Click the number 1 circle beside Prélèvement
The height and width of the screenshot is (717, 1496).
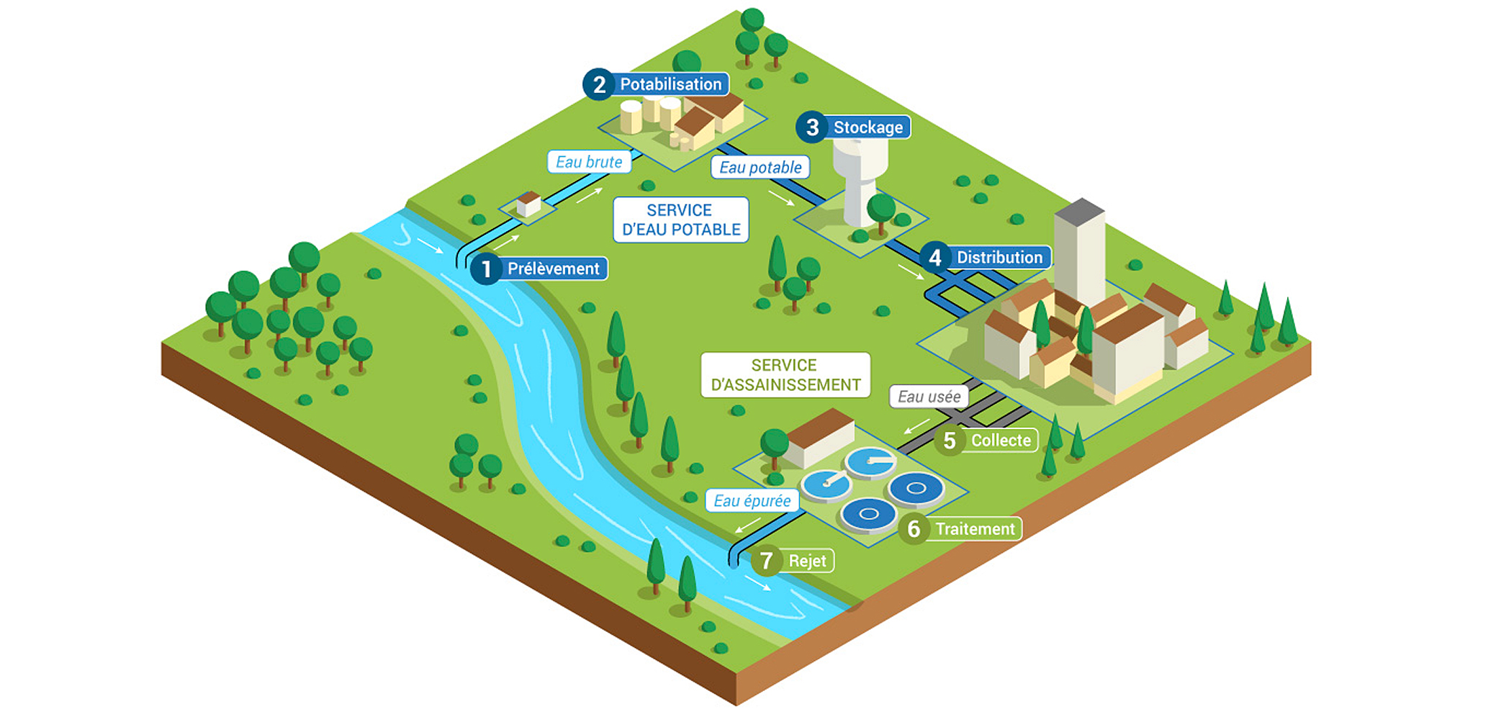point(486,269)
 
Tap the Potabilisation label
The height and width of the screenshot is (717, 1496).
point(670,84)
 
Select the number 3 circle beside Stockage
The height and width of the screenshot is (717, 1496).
point(812,127)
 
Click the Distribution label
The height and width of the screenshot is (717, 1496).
point(999,257)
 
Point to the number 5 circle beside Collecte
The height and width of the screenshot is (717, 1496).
point(950,441)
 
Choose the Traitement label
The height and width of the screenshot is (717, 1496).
point(975,529)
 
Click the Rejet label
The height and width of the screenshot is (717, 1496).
point(807,561)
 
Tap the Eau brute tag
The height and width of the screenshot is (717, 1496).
point(589,162)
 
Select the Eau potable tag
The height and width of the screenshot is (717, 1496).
point(760,168)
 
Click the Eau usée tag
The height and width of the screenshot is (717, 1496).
point(929,397)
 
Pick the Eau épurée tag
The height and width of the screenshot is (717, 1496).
point(752,501)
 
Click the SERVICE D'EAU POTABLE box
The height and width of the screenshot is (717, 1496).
point(681,220)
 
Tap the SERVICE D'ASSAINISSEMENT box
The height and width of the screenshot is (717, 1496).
point(785,375)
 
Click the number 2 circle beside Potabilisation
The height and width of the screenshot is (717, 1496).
point(599,84)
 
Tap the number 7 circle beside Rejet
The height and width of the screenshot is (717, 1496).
point(766,561)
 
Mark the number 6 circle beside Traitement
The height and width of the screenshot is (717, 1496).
point(914,529)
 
